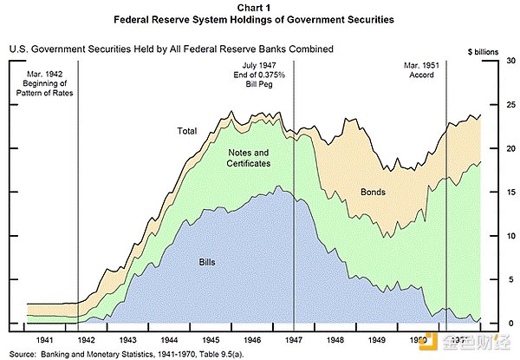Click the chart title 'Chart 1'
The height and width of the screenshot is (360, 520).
point(260,7)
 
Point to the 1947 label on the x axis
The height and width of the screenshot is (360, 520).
point(293,340)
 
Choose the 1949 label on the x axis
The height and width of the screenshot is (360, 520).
point(377,340)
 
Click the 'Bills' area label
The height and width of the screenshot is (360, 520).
point(207,260)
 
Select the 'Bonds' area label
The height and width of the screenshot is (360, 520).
point(372,191)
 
